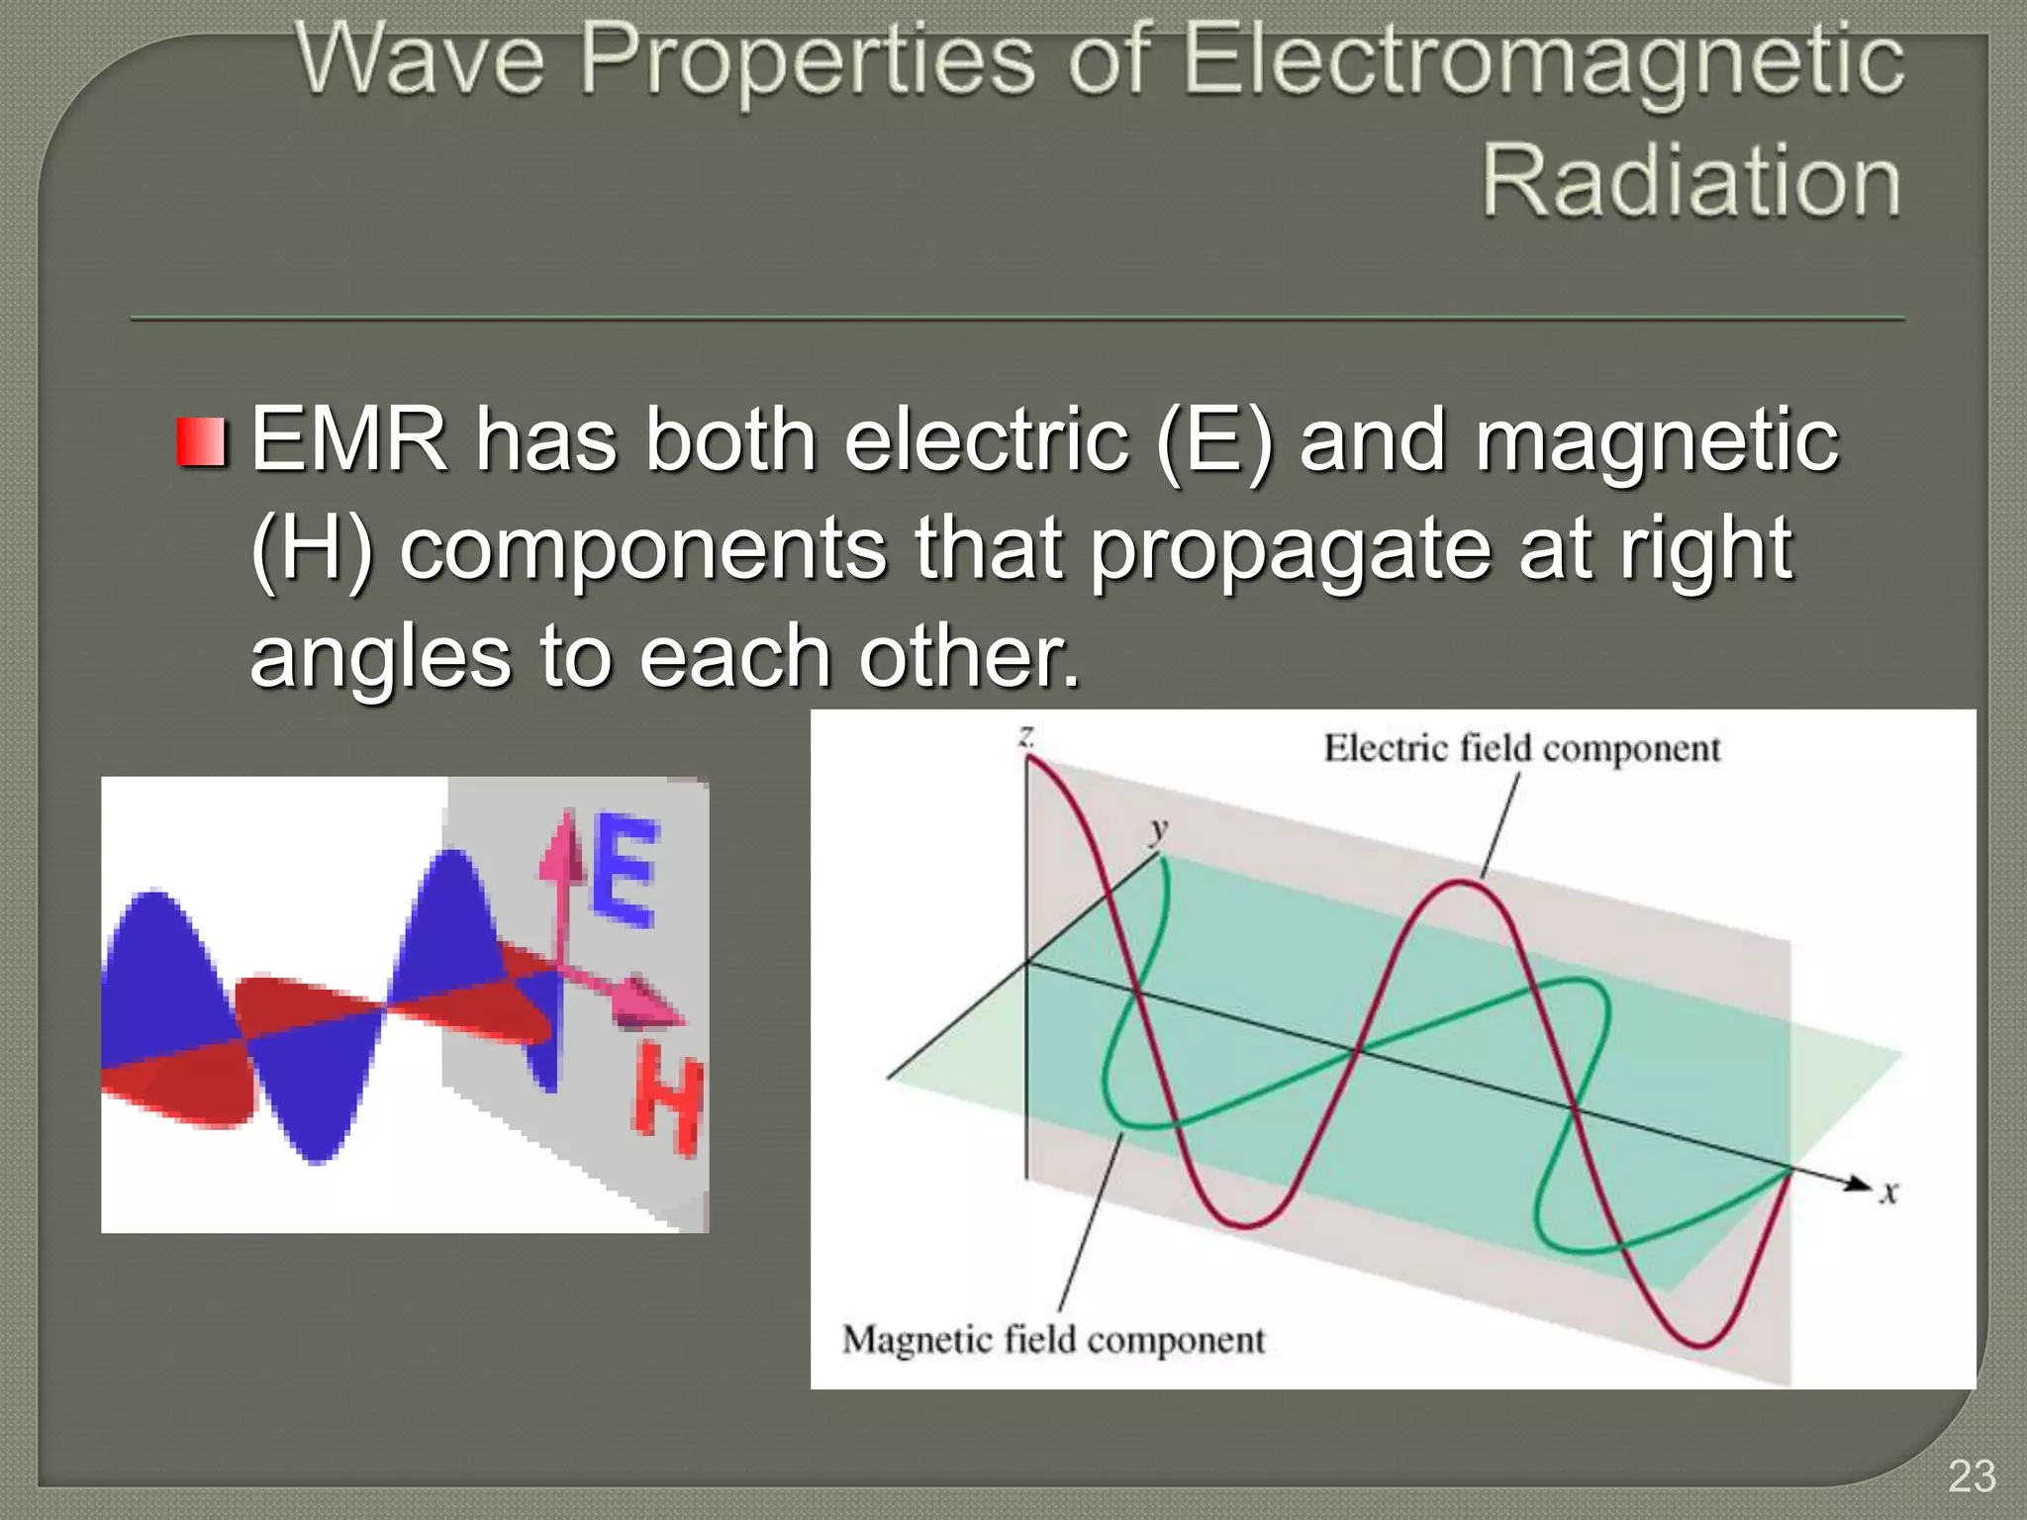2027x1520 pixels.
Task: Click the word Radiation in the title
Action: pos(1690,180)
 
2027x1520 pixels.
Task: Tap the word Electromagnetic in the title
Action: pos(1542,61)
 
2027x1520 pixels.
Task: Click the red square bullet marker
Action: pos(203,441)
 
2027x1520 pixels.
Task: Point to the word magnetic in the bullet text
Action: pos(1656,441)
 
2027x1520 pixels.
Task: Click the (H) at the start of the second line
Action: pos(312,548)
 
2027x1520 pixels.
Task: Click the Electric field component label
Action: pos(1521,748)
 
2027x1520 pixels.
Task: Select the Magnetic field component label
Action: pos(1053,1340)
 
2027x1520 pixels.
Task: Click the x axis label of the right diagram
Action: pos(1888,1192)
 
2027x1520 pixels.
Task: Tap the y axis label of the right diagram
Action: pos(1158,828)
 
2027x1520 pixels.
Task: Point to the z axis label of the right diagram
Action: pos(1026,735)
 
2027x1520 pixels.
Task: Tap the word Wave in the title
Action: pos(421,61)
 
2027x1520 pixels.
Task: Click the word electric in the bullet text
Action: pos(986,439)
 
